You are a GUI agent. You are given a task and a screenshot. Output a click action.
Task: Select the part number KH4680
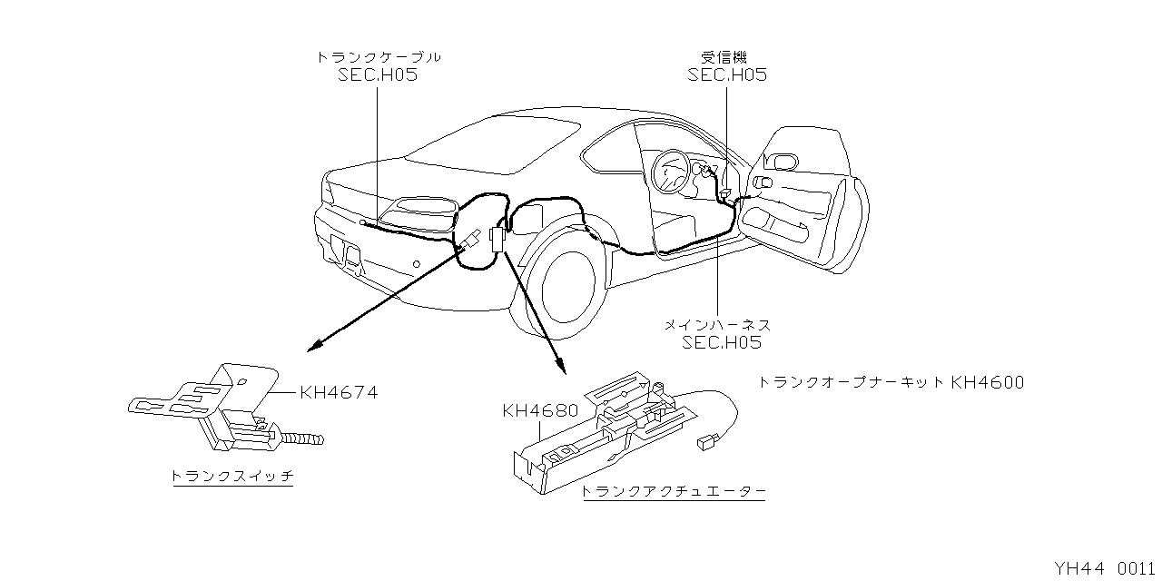tap(540, 410)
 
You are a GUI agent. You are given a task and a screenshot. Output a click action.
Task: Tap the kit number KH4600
tap(987, 382)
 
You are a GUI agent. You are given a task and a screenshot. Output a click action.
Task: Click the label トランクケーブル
tap(379, 56)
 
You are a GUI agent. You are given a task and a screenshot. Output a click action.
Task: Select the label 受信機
tap(726, 56)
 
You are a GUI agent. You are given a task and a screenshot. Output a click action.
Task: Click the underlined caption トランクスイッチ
tap(232, 476)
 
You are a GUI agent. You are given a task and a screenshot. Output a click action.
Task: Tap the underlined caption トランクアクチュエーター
tap(673, 491)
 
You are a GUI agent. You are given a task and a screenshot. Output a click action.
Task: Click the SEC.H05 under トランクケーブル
tap(379, 75)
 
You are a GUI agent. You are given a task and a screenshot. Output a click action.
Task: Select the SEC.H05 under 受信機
tap(726, 75)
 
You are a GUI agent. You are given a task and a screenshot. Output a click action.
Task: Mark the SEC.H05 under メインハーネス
tap(722, 342)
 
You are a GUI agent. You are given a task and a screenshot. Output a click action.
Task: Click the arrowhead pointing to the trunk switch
tap(314, 347)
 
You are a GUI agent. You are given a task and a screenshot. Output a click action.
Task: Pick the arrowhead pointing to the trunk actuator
tap(563, 368)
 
